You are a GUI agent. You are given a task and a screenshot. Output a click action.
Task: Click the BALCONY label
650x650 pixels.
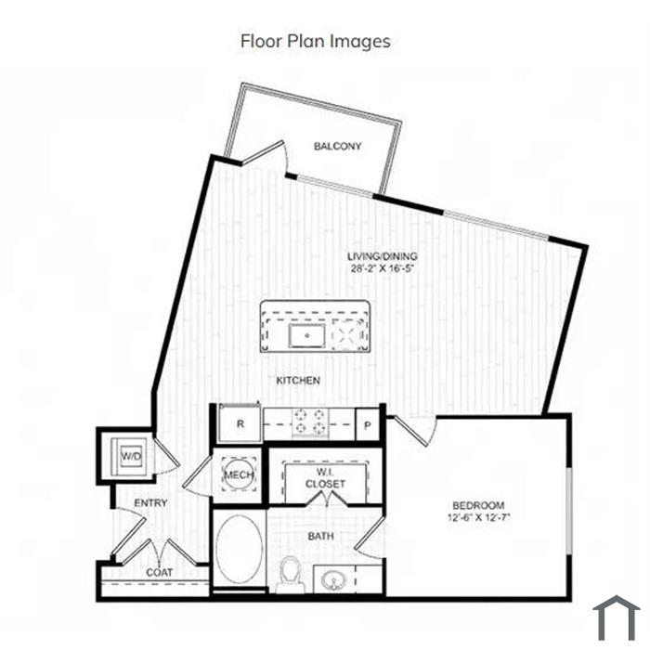click(337, 146)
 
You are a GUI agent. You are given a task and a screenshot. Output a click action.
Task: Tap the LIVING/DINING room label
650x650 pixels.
click(383, 256)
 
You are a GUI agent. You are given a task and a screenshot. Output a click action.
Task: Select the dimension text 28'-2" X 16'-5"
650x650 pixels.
click(383, 268)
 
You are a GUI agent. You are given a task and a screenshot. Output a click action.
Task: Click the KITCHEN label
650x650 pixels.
click(298, 380)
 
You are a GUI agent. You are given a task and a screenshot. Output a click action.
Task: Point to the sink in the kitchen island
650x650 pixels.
click(306, 335)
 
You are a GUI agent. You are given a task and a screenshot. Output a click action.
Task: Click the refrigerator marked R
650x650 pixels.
click(240, 423)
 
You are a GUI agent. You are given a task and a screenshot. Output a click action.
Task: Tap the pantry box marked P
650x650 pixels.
click(368, 424)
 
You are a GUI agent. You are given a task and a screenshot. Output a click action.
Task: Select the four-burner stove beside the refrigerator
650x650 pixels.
click(309, 422)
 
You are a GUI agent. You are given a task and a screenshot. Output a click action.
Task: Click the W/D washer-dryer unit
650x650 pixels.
click(130, 456)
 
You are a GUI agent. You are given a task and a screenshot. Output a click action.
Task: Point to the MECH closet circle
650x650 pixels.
click(238, 474)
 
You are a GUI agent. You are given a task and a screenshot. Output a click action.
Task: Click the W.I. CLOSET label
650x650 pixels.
click(325, 478)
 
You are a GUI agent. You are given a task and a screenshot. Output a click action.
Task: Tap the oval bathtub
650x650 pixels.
click(240, 549)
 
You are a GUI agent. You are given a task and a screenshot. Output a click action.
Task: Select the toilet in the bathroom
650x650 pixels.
click(290, 574)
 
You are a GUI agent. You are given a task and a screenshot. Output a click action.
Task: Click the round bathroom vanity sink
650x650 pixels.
click(332, 579)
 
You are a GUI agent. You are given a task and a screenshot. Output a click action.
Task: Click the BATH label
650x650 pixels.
click(321, 536)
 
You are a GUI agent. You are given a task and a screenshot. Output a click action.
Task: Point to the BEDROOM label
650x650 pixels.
click(478, 505)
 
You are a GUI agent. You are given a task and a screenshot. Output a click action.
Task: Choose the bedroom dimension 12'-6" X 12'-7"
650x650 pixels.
click(478, 517)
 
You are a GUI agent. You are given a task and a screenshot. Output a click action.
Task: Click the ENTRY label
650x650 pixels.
click(150, 503)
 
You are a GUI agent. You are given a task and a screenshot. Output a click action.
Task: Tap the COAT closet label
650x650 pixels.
click(159, 573)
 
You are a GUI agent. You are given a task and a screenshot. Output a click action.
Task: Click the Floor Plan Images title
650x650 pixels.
click(316, 42)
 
